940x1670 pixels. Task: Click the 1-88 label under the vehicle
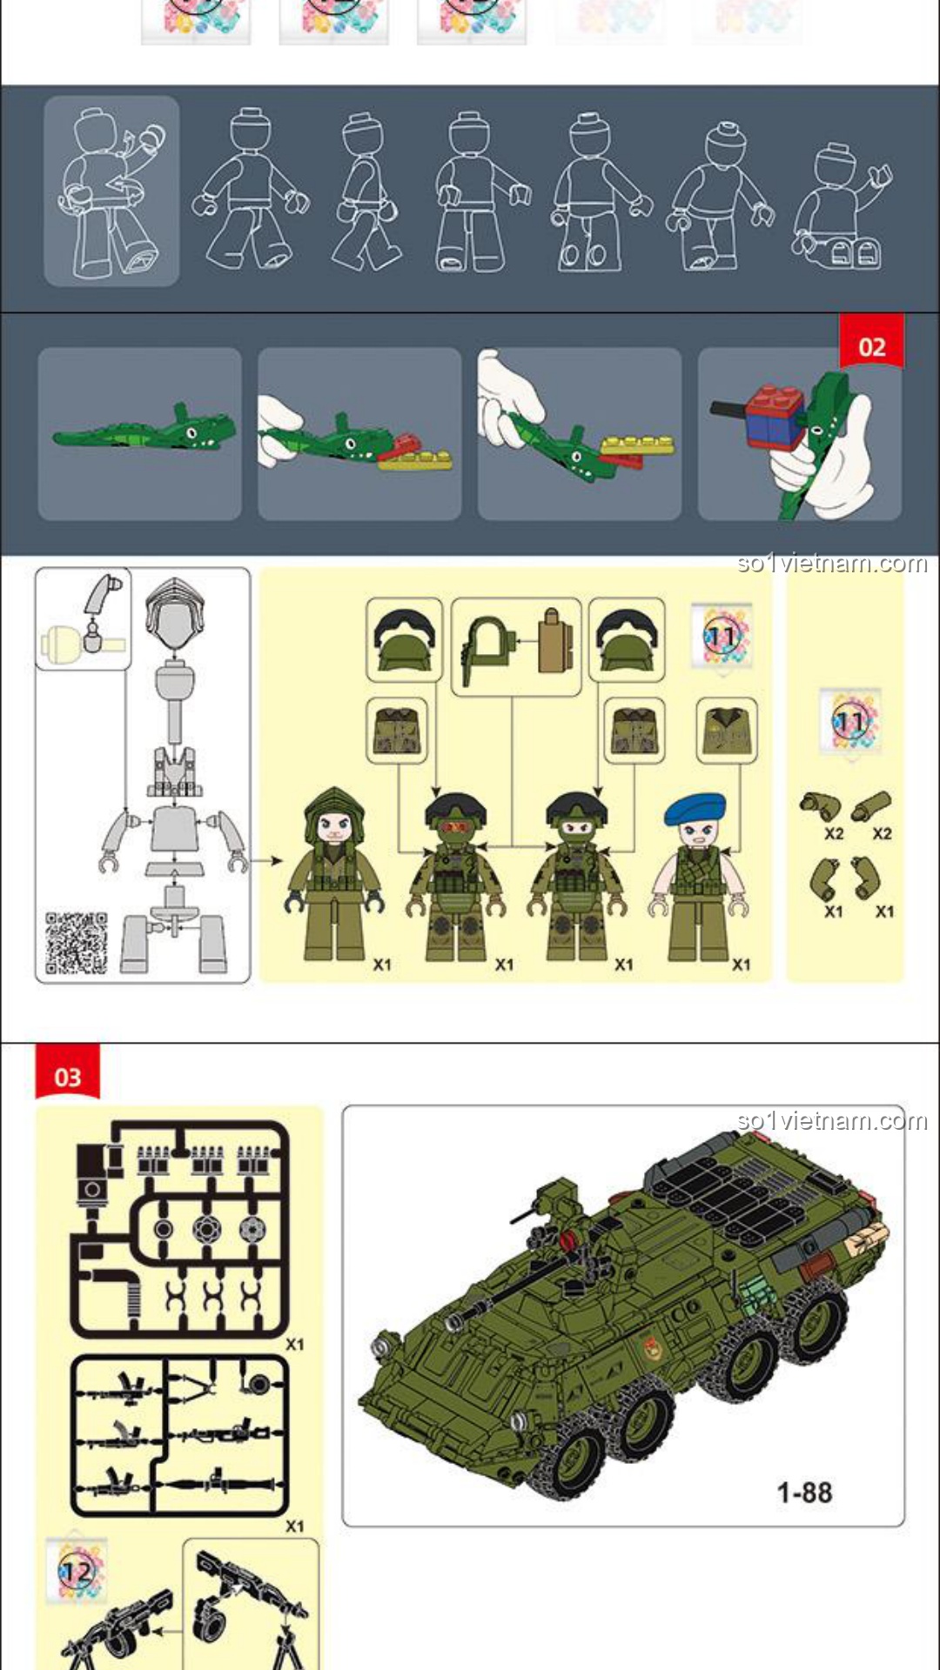coord(804,1493)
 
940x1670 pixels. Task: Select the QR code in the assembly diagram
coord(77,942)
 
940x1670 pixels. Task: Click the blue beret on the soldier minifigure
coord(695,809)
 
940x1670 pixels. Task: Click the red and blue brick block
coord(775,415)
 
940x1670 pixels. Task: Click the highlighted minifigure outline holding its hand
coord(111,191)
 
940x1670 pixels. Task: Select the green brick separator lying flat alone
coord(144,427)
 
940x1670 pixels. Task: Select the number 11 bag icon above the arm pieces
coord(849,722)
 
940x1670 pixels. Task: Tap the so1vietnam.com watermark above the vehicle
coord(832,1120)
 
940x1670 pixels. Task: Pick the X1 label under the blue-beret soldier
coord(741,964)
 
